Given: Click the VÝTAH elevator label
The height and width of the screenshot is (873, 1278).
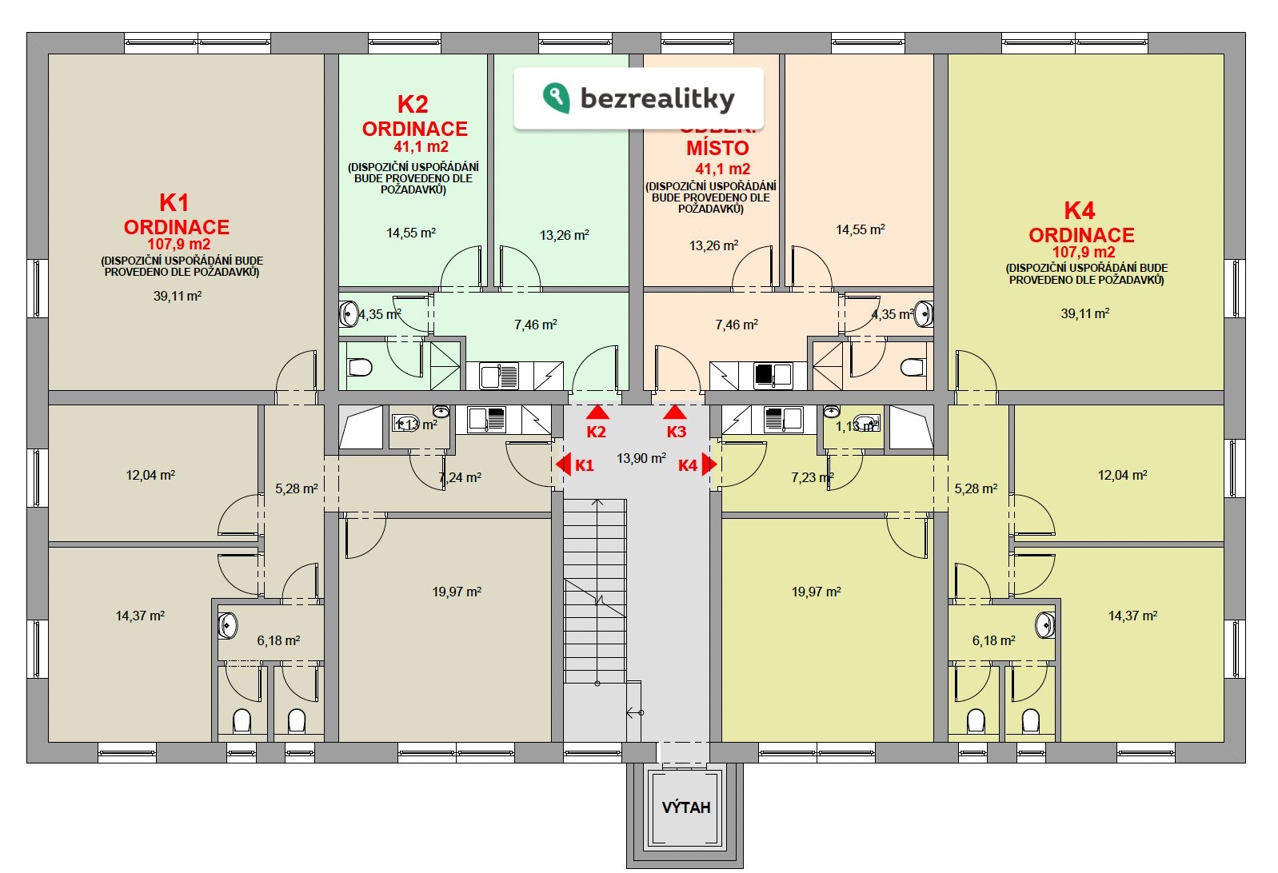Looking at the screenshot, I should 685,807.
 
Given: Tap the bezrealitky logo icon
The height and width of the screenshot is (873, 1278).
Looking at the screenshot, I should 556,98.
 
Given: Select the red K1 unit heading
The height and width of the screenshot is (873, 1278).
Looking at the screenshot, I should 174,202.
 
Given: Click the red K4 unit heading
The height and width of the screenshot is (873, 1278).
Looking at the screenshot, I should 1079,210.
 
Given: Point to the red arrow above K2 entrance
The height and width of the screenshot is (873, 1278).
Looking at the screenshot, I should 597,413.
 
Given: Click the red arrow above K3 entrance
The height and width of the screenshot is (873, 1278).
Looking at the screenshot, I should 675,413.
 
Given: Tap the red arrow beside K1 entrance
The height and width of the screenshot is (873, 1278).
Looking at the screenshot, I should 563,464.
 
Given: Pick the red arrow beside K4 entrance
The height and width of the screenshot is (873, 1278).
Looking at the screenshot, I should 708,464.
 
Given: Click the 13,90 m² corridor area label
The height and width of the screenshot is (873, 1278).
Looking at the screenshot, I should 641,458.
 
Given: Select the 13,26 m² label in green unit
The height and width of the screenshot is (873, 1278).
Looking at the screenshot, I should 564,235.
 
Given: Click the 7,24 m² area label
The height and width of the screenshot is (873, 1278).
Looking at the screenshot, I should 460,477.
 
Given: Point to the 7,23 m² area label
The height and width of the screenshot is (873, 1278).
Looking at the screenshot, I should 813,477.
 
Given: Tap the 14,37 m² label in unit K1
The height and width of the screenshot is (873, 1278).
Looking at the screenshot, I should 140,616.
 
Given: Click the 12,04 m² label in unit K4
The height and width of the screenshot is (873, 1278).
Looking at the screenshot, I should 1122,475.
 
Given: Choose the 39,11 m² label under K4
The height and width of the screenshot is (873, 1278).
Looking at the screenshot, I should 1084,313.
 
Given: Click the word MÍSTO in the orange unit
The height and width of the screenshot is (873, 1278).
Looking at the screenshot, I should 717,148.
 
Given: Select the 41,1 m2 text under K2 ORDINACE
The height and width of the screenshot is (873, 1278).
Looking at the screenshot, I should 421,147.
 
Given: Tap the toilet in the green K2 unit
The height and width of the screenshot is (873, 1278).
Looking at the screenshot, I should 361,368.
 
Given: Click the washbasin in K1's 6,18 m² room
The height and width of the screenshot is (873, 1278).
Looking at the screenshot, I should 227,625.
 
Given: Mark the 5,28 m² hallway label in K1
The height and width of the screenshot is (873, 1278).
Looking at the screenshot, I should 296,488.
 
